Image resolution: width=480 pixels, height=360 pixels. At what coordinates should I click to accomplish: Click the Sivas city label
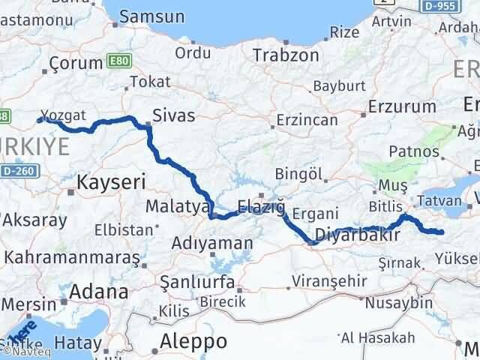tap(173, 115)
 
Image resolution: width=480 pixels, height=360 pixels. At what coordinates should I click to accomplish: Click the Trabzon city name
tap(280, 55)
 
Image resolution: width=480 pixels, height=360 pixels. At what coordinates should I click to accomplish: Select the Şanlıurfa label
tap(198, 282)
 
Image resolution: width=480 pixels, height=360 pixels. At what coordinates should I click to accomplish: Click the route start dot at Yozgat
tap(40, 118)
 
